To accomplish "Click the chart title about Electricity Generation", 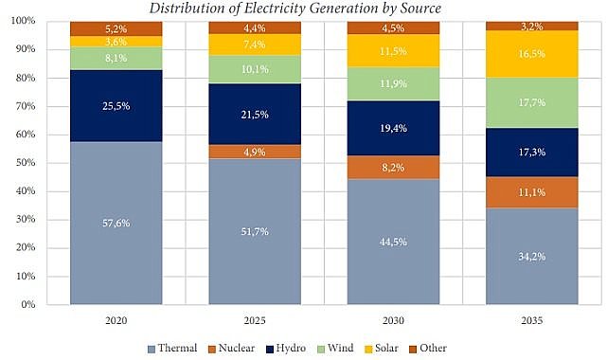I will (302, 9).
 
